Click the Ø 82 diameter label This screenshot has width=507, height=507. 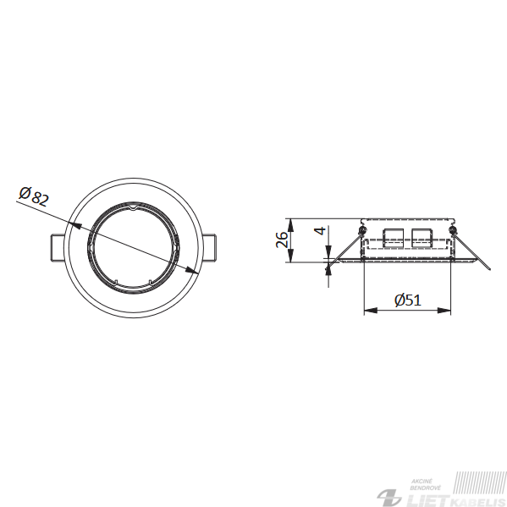(34, 196)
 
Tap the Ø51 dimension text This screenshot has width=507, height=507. (408, 300)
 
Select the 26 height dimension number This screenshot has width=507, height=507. (282, 240)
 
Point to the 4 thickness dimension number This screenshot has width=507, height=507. (320, 231)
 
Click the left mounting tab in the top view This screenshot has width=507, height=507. (58, 247)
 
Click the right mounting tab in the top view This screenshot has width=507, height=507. (208, 247)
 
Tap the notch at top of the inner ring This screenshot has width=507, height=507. (134, 207)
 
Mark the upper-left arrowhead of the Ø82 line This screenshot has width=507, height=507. (75, 224)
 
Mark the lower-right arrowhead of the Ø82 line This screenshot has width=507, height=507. (191, 270)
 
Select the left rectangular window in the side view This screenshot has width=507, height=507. (393, 238)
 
